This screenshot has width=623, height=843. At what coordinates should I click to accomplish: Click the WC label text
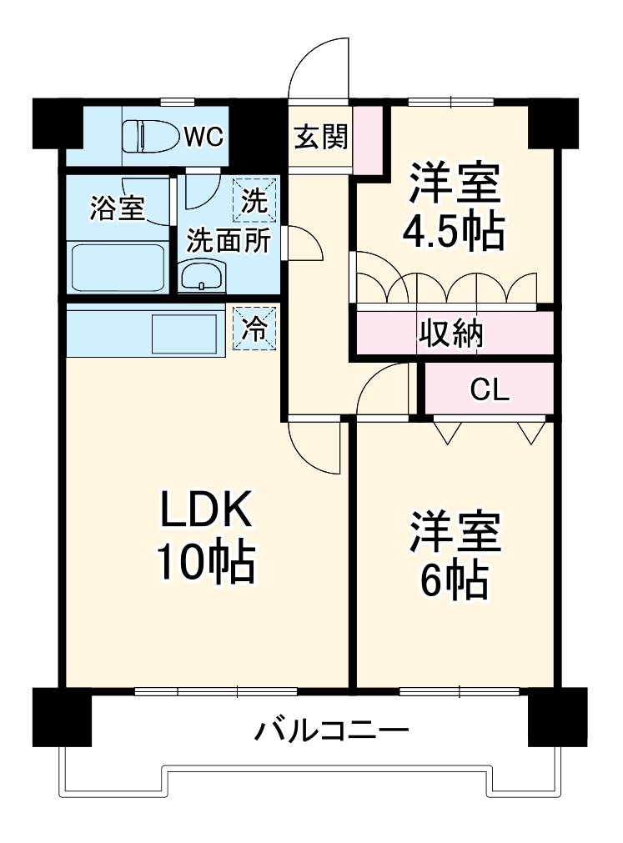[x=203, y=136]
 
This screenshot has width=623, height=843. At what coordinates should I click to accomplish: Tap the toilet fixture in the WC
[x=151, y=136]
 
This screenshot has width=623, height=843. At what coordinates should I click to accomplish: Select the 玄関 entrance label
[x=319, y=137]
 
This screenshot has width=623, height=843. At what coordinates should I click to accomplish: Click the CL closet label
[x=490, y=389]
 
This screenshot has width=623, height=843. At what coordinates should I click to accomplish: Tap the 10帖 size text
[x=206, y=565]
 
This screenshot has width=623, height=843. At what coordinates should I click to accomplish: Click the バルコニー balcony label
[x=332, y=731]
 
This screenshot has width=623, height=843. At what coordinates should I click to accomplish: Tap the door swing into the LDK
[x=315, y=446]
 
